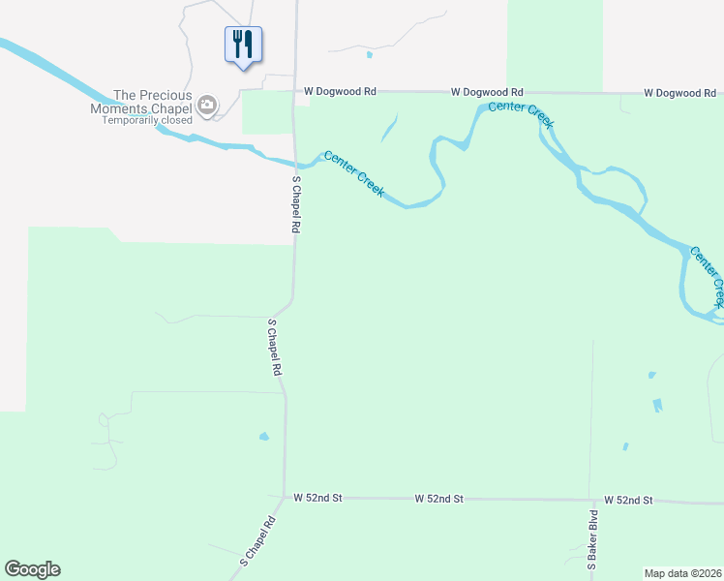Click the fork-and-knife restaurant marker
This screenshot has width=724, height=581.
click(x=243, y=45)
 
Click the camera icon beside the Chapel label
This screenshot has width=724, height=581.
click(x=206, y=106)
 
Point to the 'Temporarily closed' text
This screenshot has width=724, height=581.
click(x=147, y=120)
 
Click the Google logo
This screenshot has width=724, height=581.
click(x=32, y=569)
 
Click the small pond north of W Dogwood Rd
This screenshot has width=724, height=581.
click(x=369, y=54)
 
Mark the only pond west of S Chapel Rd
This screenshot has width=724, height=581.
click(x=263, y=437)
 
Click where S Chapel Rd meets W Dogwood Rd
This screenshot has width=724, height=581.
click(x=294, y=92)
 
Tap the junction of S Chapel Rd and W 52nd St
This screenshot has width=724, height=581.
click(x=285, y=498)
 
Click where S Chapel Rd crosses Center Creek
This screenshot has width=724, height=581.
click(x=294, y=160)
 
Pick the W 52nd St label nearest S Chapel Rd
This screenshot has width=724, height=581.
click(x=318, y=498)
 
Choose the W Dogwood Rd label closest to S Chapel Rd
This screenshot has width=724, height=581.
click(x=339, y=91)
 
